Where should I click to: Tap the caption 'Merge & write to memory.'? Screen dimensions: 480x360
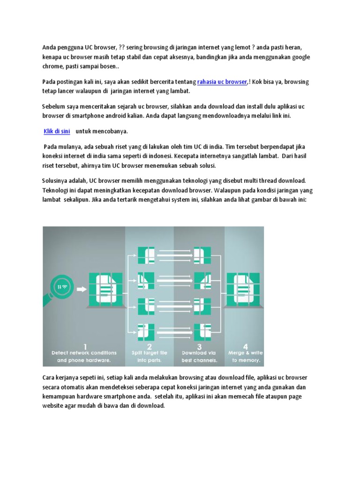(245, 356)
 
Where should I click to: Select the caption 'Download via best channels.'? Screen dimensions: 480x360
(199, 356)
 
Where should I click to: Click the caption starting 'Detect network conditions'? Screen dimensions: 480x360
(84, 356)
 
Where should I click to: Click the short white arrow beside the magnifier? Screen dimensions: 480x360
(82, 289)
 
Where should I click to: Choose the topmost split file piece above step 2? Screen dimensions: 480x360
(146, 255)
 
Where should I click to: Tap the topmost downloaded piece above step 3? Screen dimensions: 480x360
(205, 255)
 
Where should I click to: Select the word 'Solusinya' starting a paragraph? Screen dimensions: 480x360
(55, 180)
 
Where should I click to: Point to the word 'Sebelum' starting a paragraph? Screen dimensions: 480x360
(53, 107)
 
